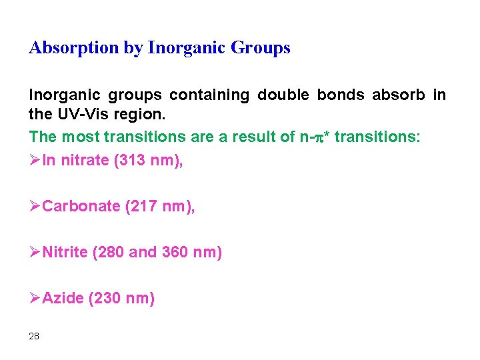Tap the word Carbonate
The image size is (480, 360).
[81, 207]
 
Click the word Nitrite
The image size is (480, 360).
[65, 253]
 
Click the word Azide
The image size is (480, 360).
[63, 299]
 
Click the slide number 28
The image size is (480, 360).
[34, 336]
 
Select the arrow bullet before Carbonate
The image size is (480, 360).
[35, 207]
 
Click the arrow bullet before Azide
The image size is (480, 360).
[35, 299]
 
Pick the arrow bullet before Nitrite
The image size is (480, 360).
[35, 253]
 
